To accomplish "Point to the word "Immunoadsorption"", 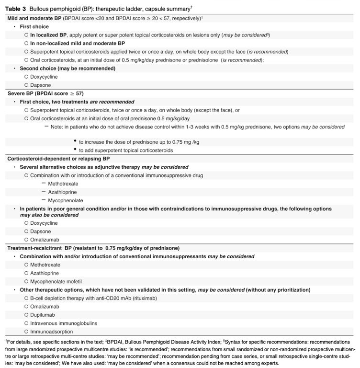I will (52, 331).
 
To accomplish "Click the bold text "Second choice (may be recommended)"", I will (67, 68).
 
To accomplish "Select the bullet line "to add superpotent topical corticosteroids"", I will (126, 150).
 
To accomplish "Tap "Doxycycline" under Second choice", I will (44, 77).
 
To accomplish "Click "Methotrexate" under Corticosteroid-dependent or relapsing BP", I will (63, 184).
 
